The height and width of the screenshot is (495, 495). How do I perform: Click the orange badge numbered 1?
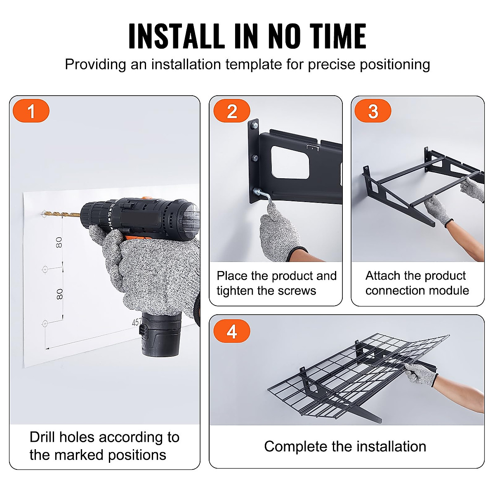(31, 111)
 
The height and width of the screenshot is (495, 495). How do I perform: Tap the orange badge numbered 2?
(232, 111)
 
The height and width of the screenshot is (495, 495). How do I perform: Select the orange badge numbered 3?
(373, 111)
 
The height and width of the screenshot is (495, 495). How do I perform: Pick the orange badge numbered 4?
(232, 331)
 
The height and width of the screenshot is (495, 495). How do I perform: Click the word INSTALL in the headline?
(175, 36)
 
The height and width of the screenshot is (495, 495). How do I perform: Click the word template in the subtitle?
(254, 65)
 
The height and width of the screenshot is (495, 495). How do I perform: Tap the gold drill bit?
(61, 213)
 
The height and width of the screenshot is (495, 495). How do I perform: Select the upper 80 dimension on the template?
(59, 243)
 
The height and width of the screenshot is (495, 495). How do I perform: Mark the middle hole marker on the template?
(45, 269)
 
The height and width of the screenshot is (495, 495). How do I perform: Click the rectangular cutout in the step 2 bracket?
(290, 163)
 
